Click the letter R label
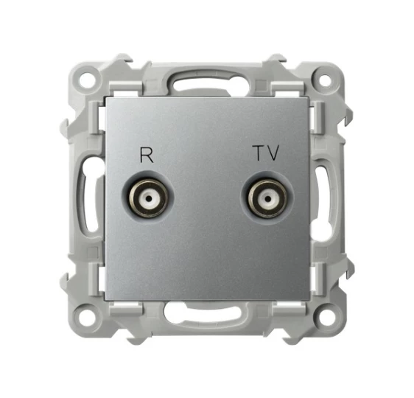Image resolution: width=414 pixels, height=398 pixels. tap(147, 155)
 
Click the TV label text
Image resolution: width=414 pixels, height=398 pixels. tap(267, 153)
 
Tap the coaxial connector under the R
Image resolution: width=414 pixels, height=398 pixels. tap(148, 198)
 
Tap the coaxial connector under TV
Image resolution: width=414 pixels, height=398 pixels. tap(267, 198)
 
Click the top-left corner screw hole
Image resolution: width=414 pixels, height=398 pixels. tap(88, 78)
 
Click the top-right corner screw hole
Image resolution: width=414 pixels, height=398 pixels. tap(326, 80)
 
